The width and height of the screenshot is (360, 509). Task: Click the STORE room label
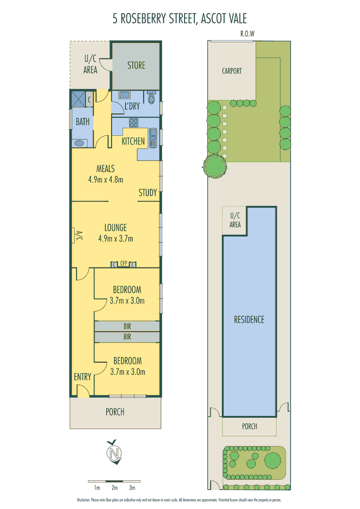136,65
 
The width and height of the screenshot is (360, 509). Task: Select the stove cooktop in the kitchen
134,122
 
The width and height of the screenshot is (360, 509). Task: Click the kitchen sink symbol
153,138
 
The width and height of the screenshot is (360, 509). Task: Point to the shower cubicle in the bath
78,99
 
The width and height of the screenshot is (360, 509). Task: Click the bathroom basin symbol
79,143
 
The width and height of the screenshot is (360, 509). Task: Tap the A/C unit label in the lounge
79,236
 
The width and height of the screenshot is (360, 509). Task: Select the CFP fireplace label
124,263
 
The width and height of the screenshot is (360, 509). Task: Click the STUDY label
148,193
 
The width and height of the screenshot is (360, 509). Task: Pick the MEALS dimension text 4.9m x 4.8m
106,179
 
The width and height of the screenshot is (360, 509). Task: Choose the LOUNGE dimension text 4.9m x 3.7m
116,239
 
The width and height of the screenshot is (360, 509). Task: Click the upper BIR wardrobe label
127,326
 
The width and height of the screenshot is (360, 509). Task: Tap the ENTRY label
82,377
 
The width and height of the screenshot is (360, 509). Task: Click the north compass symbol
114,452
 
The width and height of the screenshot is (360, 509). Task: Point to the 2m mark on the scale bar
114,487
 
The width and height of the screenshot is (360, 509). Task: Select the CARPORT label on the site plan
232,71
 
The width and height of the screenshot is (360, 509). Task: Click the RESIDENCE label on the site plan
249,320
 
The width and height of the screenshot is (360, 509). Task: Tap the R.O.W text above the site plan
247,34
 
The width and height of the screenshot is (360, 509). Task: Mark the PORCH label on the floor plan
115,412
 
